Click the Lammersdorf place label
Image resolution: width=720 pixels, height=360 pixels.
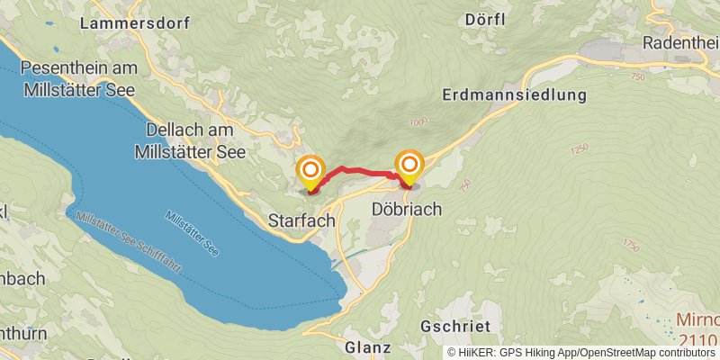click(x=134, y=23)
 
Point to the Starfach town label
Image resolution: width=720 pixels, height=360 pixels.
click(x=301, y=220)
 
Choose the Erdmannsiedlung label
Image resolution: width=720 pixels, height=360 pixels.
click(x=514, y=94)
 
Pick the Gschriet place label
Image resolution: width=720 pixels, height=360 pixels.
click(x=454, y=326)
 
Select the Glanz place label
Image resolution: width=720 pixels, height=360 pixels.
click(x=367, y=346)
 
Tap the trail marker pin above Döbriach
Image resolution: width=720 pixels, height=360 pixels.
click(x=409, y=166)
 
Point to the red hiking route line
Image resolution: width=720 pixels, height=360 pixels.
click(x=360, y=170)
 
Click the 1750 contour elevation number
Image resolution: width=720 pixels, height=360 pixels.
click(x=630, y=244)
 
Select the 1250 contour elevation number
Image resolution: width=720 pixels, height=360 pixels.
click(x=579, y=148)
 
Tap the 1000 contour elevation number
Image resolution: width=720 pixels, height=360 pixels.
click(x=418, y=121)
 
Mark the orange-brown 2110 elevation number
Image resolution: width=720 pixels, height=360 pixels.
click(x=698, y=339)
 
